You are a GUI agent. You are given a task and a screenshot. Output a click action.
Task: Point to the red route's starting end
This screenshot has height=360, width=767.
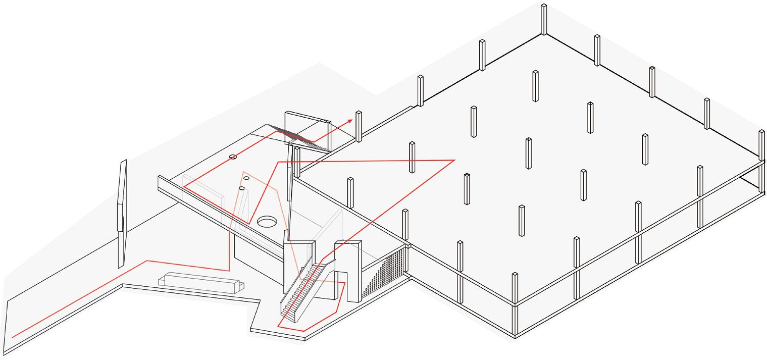pos(13,336)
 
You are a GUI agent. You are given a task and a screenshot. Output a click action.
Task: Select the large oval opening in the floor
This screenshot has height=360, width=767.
pos(267,221)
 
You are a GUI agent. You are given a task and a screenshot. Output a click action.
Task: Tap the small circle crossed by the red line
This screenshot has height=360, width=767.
pos(233,158)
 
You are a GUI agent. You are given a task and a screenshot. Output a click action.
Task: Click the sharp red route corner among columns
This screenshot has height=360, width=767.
pos(455,161)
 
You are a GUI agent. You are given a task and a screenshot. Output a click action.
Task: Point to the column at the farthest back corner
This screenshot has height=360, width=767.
pos(543,19)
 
